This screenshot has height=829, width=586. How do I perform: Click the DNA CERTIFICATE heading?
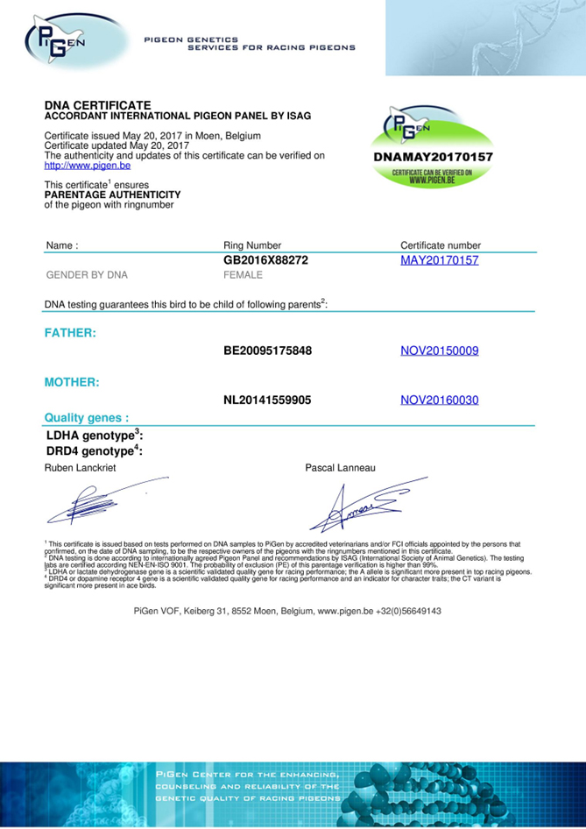[97, 105]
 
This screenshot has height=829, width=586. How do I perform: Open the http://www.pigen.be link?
[87, 165]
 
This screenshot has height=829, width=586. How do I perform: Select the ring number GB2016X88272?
[266, 261]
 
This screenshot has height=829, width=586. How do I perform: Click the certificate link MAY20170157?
[439, 261]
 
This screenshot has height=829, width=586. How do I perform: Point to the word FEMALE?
[244, 275]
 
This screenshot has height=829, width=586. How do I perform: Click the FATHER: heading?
[70, 333]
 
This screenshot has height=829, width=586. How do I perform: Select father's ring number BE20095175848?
[268, 351]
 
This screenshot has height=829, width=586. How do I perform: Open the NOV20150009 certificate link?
[439, 351]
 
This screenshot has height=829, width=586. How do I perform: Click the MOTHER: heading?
[72, 382]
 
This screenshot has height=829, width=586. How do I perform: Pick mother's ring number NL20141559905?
[267, 400]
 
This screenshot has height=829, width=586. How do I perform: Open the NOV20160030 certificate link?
[439, 400]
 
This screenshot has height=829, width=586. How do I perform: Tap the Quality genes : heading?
[87, 418]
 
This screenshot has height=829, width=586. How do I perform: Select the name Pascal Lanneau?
[340, 469]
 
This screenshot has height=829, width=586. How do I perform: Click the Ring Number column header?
[252, 245]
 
